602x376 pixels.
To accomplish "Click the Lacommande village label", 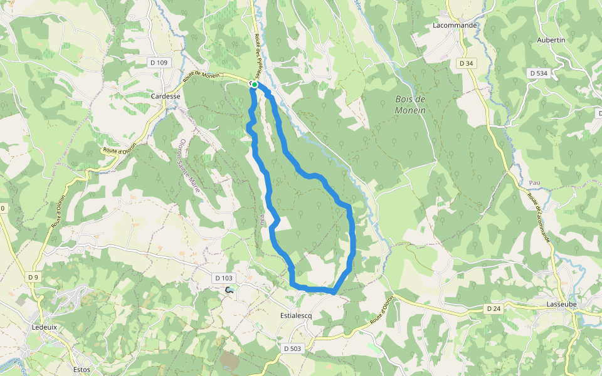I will click(x=455, y=26).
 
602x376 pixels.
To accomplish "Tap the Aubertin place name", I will click(x=551, y=40).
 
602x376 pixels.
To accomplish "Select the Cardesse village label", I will click(x=166, y=97).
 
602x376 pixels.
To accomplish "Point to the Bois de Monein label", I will click(x=410, y=105).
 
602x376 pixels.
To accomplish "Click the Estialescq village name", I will click(x=295, y=316).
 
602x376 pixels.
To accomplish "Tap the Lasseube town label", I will click(x=561, y=304).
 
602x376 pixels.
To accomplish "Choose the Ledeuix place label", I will click(x=45, y=326).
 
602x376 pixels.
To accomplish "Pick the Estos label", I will click(x=82, y=369).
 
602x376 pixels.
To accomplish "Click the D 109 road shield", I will click(x=159, y=63).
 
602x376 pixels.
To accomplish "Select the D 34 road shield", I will click(x=466, y=63).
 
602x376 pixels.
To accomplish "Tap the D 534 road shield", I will click(x=538, y=73).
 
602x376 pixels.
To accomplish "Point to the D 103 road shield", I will click(x=223, y=278).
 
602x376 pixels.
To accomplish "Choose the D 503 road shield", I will click(x=292, y=348).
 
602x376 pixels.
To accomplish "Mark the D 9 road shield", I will click(x=33, y=277).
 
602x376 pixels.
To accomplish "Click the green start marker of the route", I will click(x=255, y=85).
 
